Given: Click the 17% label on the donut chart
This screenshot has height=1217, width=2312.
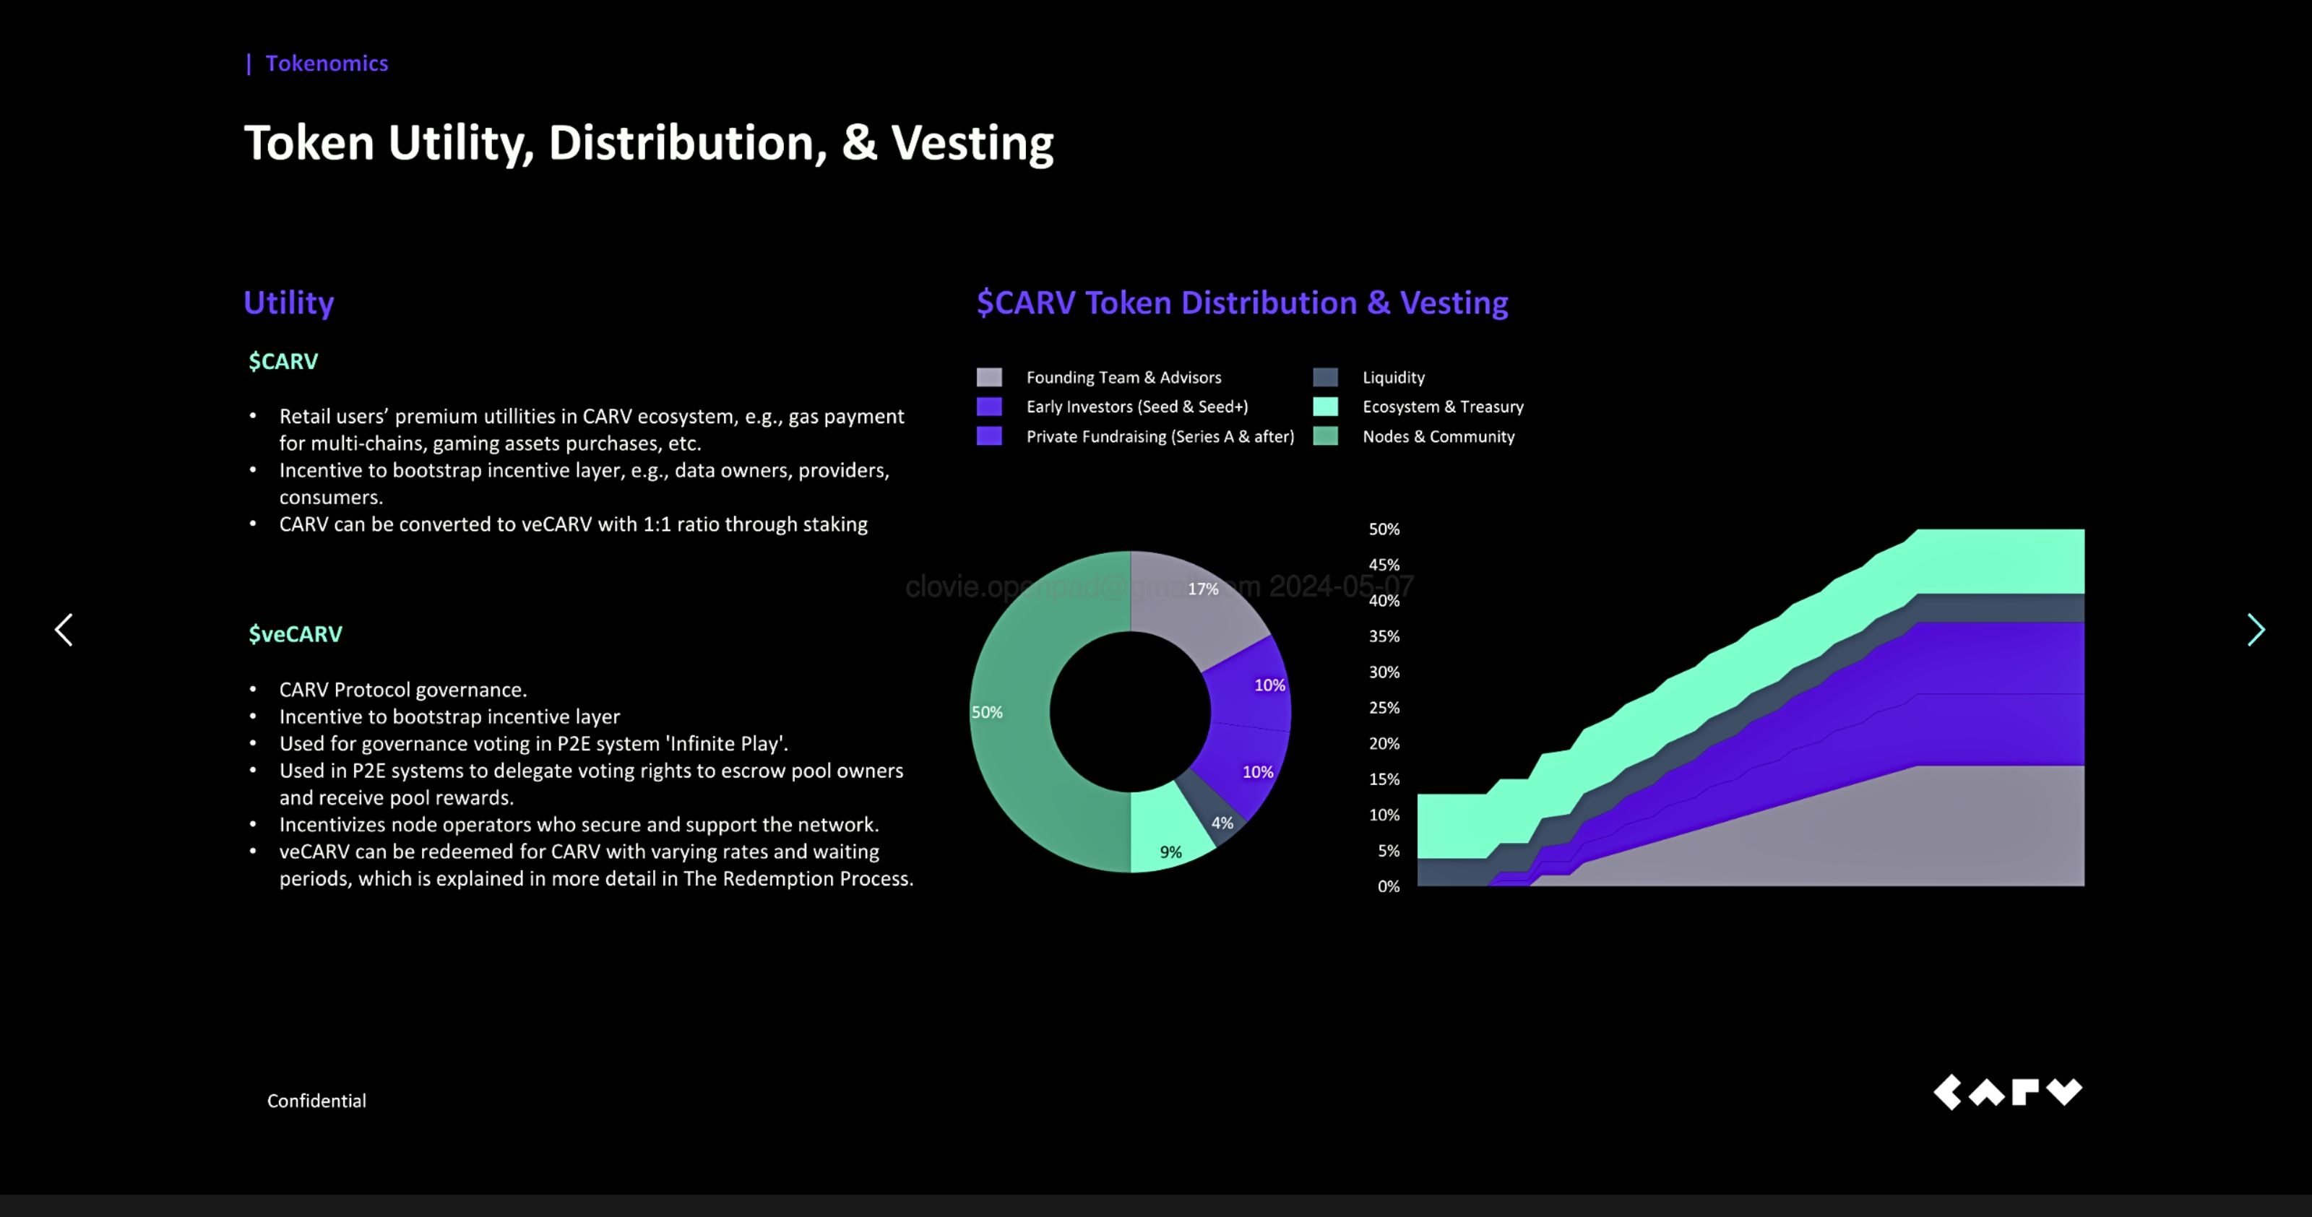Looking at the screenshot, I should pyautogui.click(x=1203, y=589).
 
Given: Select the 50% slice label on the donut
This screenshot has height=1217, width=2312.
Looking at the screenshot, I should pyautogui.click(x=986, y=711).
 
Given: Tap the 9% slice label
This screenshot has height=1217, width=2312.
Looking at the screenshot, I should pyautogui.click(x=1170, y=852).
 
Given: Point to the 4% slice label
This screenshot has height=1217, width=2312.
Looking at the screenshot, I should pyautogui.click(x=1222, y=822).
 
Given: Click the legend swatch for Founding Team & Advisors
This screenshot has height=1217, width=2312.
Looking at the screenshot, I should pyautogui.click(x=989, y=377).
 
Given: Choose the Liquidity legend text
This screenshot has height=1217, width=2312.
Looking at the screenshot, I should pyautogui.click(x=1393, y=377).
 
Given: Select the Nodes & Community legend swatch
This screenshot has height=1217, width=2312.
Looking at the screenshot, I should pyautogui.click(x=1325, y=436).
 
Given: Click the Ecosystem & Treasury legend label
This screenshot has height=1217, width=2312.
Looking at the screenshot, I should pyautogui.click(x=1442, y=407).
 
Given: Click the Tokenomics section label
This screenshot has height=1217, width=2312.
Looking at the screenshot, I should pyautogui.click(x=327, y=64).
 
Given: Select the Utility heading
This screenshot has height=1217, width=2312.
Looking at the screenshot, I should pyautogui.click(x=288, y=303).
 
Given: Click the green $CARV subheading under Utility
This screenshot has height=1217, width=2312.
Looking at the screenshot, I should pyautogui.click(x=282, y=361).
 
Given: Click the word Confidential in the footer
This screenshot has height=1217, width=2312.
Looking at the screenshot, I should pyautogui.click(x=316, y=1100).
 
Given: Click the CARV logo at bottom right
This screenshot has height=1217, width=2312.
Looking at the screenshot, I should pyautogui.click(x=2007, y=1092).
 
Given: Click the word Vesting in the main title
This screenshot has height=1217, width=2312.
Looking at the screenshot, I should pyautogui.click(x=972, y=144).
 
